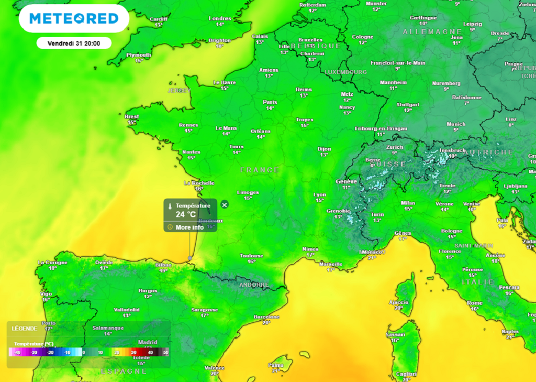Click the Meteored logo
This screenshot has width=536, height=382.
pyautogui.click(x=74, y=18)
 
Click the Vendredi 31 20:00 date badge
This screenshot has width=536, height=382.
pyautogui.click(x=74, y=43)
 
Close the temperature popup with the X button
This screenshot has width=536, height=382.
pyautogui.click(x=225, y=204)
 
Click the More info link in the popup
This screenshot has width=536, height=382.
pyautogui.click(x=189, y=227)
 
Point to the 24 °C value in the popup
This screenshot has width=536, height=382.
pyautogui.click(x=185, y=214)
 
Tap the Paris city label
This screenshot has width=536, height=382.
pyautogui.click(x=270, y=102)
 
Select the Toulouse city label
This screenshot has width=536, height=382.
pyautogui.click(x=251, y=256)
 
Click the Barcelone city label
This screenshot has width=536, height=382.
pyautogui.click(x=267, y=316)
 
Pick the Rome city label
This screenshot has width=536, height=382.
pyautogui.click(x=474, y=303)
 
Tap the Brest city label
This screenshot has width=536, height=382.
pyautogui.click(x=131, y=116)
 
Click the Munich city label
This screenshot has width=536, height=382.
pyautogui.click(x=456, y=124)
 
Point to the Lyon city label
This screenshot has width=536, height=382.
pyautogui.click(x=320, y=194)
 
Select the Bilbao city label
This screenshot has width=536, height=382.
pyautogui.click(x=163, y=265)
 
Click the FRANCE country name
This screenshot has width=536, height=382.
pyautogui.click(x=260, y=170)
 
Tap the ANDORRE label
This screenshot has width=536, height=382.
pyautogui.click(x=253, y=285)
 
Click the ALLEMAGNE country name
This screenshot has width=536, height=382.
pyautogui.click(x=432, y=32)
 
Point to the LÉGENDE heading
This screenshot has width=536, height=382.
pyautogui.click(x=25, y=329)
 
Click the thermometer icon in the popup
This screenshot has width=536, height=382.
pyautogui.click(x=170, y=206)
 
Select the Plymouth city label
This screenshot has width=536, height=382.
pyautogui.click(x=139, y=55)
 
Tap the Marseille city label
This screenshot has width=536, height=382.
pyautogui.click(x=331, y=264)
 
